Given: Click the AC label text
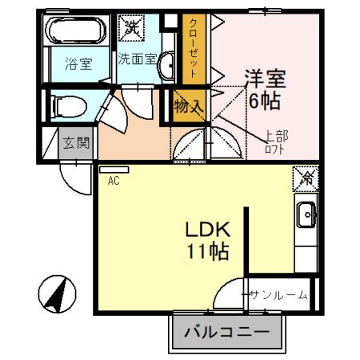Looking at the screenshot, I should click(114, 181).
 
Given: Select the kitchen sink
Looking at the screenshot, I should click(306, 214).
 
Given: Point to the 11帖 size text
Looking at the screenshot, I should click(207, 252).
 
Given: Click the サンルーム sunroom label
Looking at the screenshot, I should click(277, 295).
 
